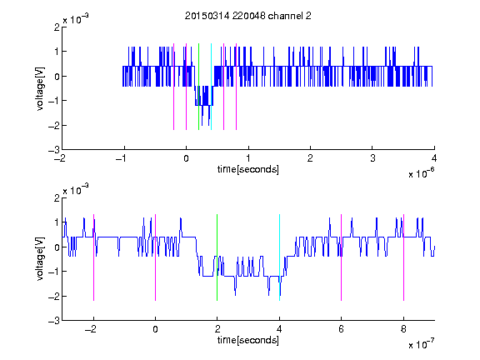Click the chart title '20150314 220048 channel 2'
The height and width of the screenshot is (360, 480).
pyautogui.click(x=248, y=16)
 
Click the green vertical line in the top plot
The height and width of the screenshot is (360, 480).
pyautogui.click(x=198, y=87)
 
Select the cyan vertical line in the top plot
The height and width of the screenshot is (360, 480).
pyautogui.click(x=211, y=87)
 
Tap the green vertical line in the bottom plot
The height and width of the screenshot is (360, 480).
pyautogui.click(x=217, y=257)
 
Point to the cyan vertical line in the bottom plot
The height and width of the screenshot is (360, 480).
pyautogui.click(x=279, y=257)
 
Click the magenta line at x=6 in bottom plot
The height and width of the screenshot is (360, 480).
pyautogui.click(x=342, y=257)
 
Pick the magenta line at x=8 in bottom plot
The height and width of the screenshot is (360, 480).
pyautogui.click(x=404, y=257)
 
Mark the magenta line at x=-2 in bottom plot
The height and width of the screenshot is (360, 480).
pyautogui.click(x=93, y=257)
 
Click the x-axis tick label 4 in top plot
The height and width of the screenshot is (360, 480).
pyautogui.click(x=434, y=158)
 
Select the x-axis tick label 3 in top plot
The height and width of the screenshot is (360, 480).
pyautogui.click(x=372, y=158)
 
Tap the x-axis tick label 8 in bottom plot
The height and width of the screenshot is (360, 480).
pyautogui.click(x=404, y=329)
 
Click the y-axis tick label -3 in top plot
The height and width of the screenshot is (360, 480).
pyautogui.click(x=54, y=150)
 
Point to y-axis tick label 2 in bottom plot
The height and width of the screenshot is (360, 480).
pyautogui.click(x=57, y=197)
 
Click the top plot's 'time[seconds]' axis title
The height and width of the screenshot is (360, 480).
pyautogui.click(x=248, y=169)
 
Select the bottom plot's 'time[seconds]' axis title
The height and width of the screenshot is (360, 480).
pyautogui.click(x=248, y=340)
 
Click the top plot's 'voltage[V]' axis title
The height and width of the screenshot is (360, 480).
pyautogui.click(x=40, y=88)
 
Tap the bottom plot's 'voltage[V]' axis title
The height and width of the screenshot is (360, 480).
pyautogui.click(x=40, y=259)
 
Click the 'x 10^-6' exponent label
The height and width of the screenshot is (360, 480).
pyautogui.click(x=421, y=173)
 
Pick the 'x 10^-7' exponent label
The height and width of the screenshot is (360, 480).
pyautogui.click(x=421, y=344)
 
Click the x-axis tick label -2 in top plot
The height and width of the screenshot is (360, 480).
pyautogui.click(x=60, y=158)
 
